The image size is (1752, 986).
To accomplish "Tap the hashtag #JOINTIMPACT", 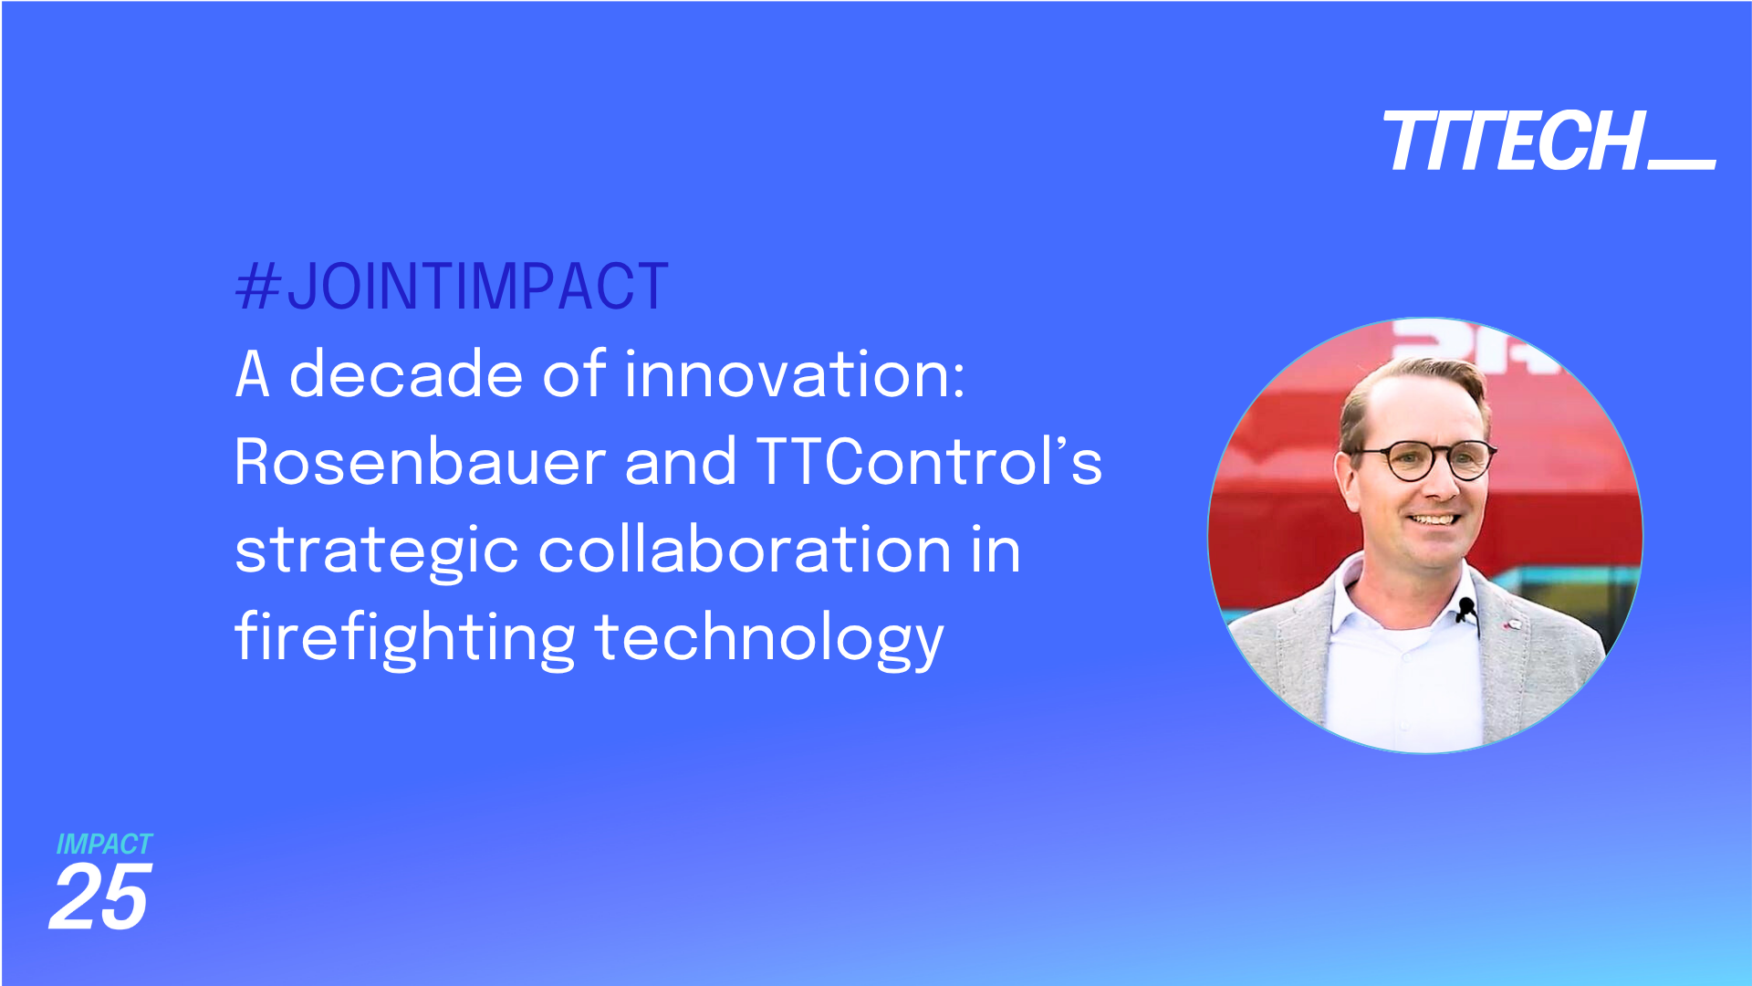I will pos(452,287).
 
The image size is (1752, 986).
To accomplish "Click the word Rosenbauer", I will pos(420,462).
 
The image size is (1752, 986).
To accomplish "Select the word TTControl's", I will pos(929,462).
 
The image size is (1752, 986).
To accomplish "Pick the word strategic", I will pos(376,551).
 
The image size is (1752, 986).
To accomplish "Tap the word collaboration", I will pos(745,550).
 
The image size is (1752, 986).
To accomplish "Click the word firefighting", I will pos(404,638).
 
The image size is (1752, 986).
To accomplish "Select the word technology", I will pos(769,638).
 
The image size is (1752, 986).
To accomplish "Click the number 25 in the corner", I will pos(99,899).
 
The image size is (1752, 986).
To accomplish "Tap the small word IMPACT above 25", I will pos(104,844).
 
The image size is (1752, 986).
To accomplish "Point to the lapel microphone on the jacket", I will pos(1466,608).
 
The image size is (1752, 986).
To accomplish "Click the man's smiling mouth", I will pos(1434,519).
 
